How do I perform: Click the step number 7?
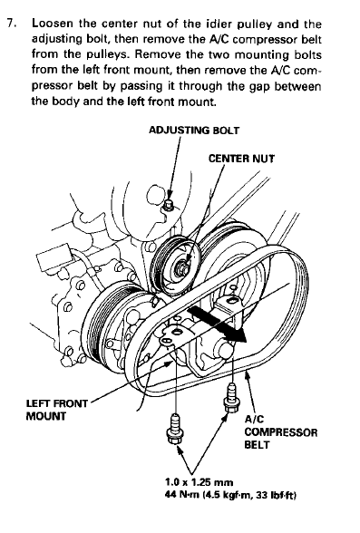point(12,24)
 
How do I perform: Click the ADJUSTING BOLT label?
point(194,131)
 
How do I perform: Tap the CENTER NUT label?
point(241,159)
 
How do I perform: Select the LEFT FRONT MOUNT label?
point(57,410)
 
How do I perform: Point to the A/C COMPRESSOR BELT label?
point(281,432)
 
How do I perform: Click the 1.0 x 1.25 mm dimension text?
point(199,482)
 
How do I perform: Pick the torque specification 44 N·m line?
point(230,495)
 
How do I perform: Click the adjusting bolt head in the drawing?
point(169,204)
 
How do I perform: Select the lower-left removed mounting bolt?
point(175,429)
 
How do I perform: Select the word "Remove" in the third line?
point(158,54)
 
